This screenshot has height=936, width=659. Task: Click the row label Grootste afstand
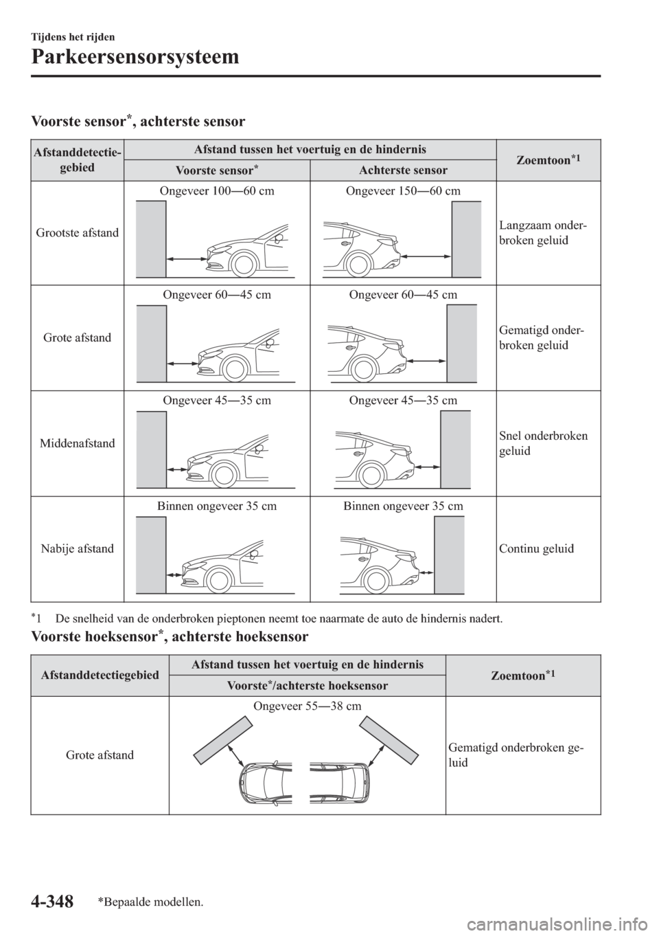tap(77, 234)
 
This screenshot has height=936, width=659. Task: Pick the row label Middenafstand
tap(77, 444)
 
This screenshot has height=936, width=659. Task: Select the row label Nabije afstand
tap(77, 549)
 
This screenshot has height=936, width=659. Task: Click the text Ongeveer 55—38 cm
tap(307, 706)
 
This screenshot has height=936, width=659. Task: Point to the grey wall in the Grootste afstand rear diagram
tap(466, 239)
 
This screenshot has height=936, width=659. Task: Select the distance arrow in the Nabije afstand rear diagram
tap(426, 572)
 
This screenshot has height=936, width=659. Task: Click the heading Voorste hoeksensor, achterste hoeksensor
tap(171, 637)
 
